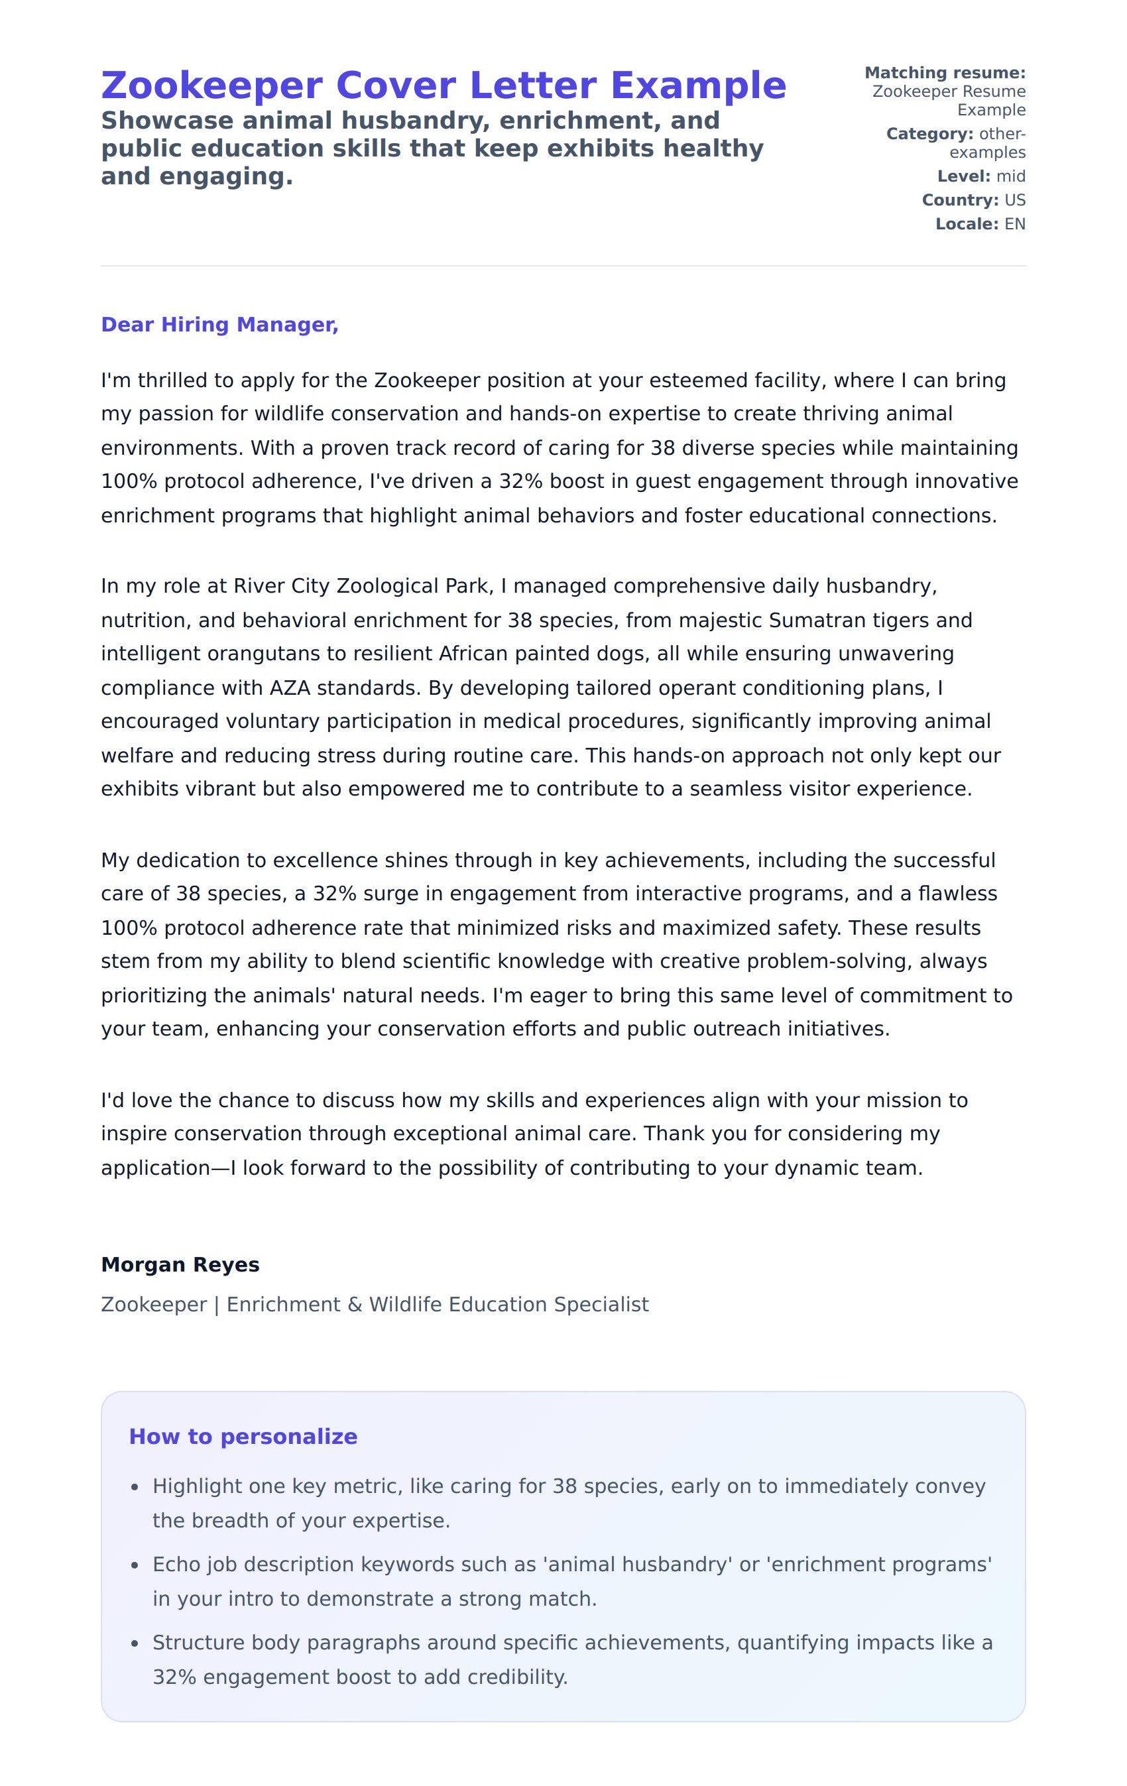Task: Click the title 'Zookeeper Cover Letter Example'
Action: click(x=443, y=86)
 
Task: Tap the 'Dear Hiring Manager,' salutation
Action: click(x=219, y=325)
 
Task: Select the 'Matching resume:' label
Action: click(x=945, y=73)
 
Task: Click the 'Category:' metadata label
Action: click(x=929, y=133)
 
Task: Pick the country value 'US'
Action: click(x=1014, y=200)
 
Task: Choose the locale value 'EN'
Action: click(x=1014, y=224)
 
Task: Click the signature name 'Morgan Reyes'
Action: click(x=180, y=1265)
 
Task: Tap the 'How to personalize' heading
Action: click(x=243, y=1437)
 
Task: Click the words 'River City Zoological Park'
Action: click(x=361, y=586)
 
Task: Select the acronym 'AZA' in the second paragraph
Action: click(x=290, y=687)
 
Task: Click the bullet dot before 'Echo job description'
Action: click(x=134, y=1565)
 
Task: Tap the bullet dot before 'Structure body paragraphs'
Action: click(x=134, y=1643)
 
